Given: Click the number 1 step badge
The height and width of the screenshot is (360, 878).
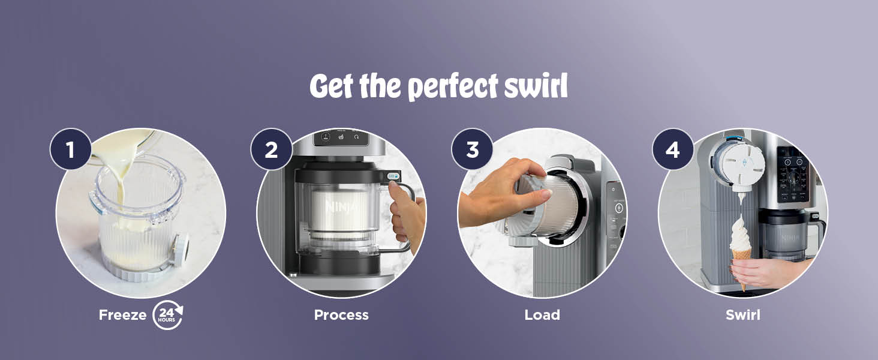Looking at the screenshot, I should click(x=70, y=149).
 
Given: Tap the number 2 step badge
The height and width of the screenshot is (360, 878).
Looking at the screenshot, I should click(x=271, y=149).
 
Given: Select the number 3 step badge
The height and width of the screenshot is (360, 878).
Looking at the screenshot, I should click(x=472, y=149).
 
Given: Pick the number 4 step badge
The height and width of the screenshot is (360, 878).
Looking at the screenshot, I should click(x=673, y=149).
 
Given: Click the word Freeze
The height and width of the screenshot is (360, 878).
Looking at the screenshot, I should click(x=122, y=315).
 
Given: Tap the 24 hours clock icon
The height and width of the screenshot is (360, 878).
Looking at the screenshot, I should click(x=167, y=315).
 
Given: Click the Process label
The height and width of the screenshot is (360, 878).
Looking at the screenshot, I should click(x=341, y=315).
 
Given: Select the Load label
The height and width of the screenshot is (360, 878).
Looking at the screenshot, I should click(x=542, y=315).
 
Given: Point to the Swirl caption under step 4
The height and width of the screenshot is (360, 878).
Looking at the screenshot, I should click(x=743, y=315).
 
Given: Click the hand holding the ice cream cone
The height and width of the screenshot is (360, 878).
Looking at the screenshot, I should click(x=765, y=272).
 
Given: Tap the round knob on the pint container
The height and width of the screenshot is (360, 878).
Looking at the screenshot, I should click(x=179, y=247).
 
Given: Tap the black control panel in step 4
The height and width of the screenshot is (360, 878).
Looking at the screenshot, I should click(x=793, y=174).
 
